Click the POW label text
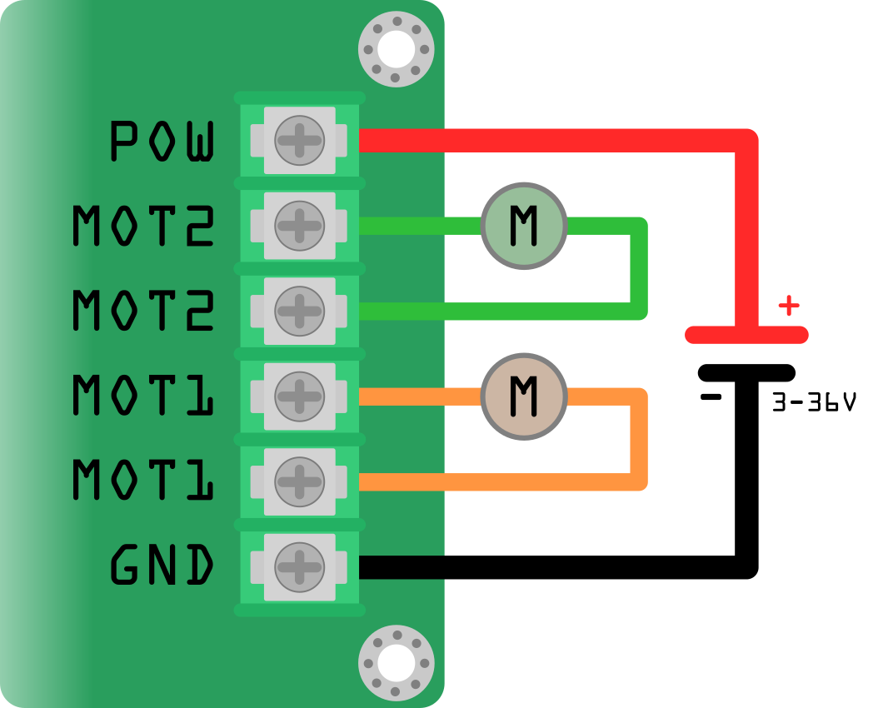coord(163,141)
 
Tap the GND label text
coord(163,566)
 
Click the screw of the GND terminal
coord(299,567)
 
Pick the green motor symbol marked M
coord(524,225)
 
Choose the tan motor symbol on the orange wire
coord(524,396)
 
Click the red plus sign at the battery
coord(788,306)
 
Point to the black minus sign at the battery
coord(711,397)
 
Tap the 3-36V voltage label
coord(814,404)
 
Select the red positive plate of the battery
coord(746,335)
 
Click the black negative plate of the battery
coord(746,372)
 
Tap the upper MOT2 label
coord(144,226)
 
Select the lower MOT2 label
coord(144,311)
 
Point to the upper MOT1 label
coord(144,396)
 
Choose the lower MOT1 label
coord(144,481)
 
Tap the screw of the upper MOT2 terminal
coord(299,225)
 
